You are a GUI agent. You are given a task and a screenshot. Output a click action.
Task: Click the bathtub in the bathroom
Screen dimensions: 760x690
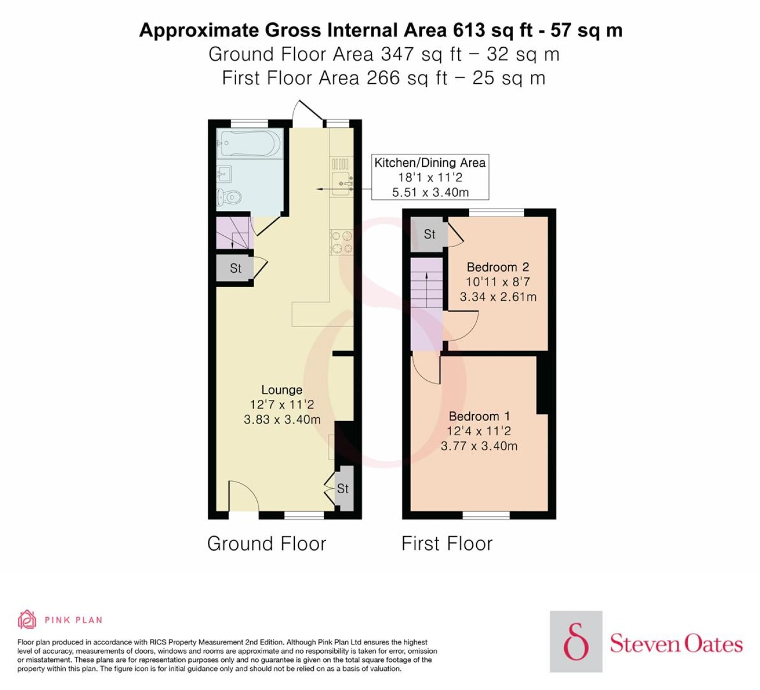click(x=250, y=143)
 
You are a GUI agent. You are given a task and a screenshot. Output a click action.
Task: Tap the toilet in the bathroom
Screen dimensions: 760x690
click(x=230, y=197)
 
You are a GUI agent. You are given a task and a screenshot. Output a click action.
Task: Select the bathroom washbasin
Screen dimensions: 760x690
click(x=224, y=174)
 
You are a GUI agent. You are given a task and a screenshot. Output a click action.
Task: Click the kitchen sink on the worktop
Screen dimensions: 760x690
click(x=342, y=184)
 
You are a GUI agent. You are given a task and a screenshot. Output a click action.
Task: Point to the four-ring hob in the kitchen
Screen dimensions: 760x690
click(x=341, y=242)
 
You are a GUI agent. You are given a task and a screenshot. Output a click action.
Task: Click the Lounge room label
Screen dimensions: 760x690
click(x=282, y=390)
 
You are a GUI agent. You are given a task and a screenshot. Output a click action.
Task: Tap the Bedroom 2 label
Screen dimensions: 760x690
click(x=498, y=267)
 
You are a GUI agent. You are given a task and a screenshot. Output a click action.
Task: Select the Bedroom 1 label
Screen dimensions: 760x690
click(x=479, y=416)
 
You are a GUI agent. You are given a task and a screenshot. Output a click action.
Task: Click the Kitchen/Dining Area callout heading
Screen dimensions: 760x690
click(x=429, y=163)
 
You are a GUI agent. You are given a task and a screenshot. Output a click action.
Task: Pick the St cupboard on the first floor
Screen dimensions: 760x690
click(x=429, y=234)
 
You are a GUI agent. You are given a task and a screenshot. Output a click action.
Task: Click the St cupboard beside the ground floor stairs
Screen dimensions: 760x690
click(x=235, y=268)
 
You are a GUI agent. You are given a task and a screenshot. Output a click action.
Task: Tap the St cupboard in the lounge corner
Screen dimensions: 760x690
click(x=343, y=488)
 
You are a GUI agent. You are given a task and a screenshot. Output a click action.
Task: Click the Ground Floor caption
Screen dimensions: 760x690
click(x=267, y=544)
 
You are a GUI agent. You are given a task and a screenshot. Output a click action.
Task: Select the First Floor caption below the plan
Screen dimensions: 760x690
click(x=447, y=544)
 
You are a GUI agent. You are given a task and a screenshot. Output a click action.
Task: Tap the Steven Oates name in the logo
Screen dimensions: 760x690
click(x=676, y=644)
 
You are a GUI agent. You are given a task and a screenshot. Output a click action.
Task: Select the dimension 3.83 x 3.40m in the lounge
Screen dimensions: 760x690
click(x=282, y=419)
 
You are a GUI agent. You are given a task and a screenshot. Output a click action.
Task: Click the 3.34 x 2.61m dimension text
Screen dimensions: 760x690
click(x=498, y=297)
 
